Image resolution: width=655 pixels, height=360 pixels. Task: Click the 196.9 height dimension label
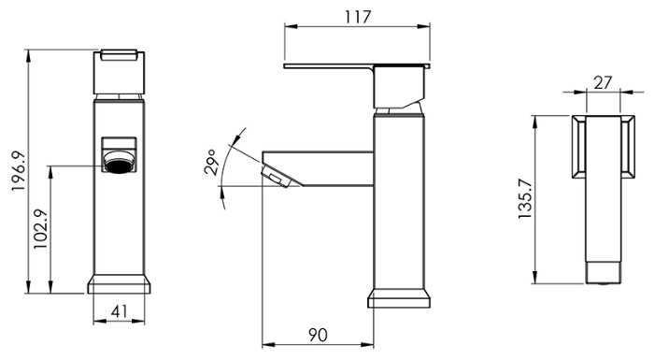click(19, 171)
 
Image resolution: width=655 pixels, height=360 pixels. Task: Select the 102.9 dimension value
click(41, 229)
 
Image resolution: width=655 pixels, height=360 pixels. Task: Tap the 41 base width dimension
click(119, 311)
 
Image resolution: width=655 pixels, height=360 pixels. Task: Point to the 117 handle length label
click(358, 17)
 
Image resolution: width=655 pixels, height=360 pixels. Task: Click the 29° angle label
click(209, 162)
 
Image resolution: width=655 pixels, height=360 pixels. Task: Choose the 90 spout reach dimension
click(318, 335)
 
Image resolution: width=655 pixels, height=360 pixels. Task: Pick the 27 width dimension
click(603, 82)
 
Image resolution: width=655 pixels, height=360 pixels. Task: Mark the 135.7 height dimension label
click(525, 198)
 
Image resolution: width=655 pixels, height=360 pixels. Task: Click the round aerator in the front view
click(119, 162)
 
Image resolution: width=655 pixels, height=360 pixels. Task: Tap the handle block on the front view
click(119, 72)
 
